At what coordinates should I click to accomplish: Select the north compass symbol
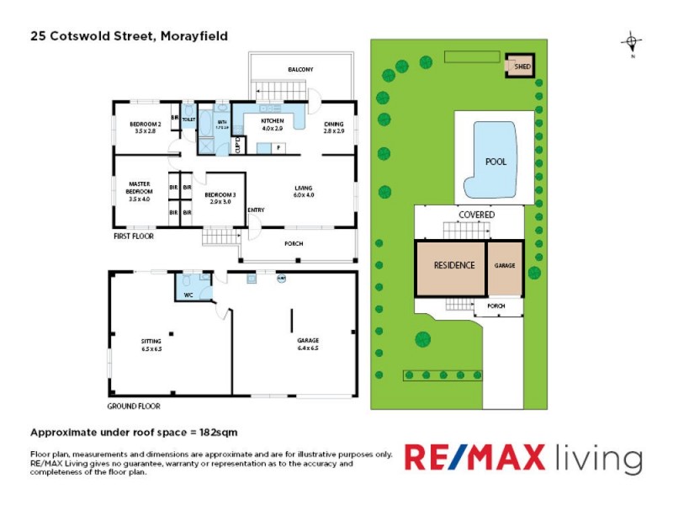632,41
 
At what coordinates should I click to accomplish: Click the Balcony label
300,69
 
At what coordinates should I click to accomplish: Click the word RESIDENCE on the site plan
454,265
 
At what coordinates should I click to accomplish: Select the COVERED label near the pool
476,215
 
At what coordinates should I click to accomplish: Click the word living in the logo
598,459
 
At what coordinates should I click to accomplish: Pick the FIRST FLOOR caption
134,237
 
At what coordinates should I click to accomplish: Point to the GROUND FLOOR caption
133,406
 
